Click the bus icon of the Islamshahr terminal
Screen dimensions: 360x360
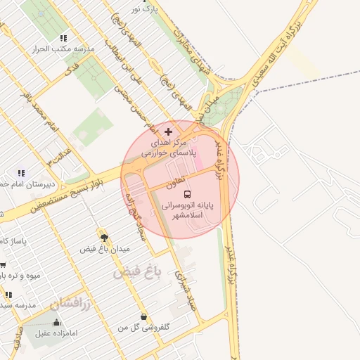pos(186,194)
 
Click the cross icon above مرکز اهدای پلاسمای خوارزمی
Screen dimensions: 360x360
pos(167,131)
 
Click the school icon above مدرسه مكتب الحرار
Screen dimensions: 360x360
pos(63,39)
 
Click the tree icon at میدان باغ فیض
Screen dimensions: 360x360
pos(105,238)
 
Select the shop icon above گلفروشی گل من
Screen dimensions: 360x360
pos(144,316)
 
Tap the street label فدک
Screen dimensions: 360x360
pos(72,69)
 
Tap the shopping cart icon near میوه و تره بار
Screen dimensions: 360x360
pos(3,265)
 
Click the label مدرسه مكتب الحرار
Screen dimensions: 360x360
pos(52,50)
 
